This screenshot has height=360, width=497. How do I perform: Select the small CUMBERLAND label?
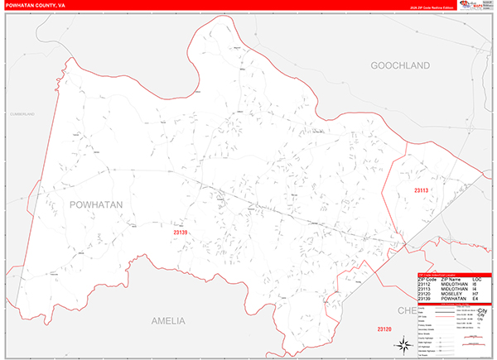click(22, 113)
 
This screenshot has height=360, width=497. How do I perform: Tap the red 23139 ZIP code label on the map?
click(181, 233)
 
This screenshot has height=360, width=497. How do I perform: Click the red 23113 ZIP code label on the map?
click(422, 191)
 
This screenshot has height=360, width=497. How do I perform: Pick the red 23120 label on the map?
click(385, 330)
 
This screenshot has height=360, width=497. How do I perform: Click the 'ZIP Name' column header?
click(451, 280)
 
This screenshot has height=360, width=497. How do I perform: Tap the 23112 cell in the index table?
click(427, 285)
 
